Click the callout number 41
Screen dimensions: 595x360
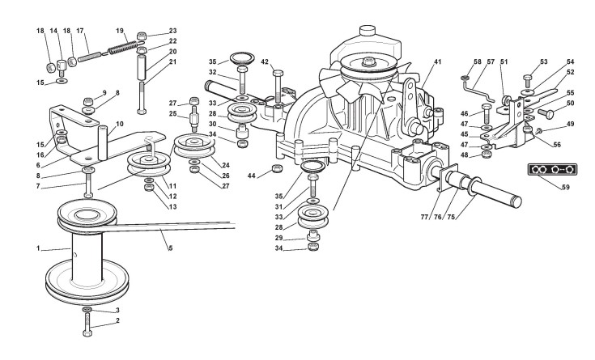437,61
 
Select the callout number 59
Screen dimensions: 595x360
565,187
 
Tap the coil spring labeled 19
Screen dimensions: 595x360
123,48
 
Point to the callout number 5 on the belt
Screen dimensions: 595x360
170,248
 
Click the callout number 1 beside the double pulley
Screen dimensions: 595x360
38,248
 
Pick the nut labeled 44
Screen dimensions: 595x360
278,168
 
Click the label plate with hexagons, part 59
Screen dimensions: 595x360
552,169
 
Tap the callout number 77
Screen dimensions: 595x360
424,217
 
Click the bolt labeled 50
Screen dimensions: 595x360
545,112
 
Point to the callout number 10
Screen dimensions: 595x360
120,124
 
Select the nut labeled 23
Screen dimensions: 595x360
142,36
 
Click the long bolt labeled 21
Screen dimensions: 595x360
142,98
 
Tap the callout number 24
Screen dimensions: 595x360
226,165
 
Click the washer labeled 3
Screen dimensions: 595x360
87,310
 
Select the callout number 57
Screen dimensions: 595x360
491,61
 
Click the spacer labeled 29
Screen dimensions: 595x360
312,235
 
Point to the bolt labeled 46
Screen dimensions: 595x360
487,112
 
